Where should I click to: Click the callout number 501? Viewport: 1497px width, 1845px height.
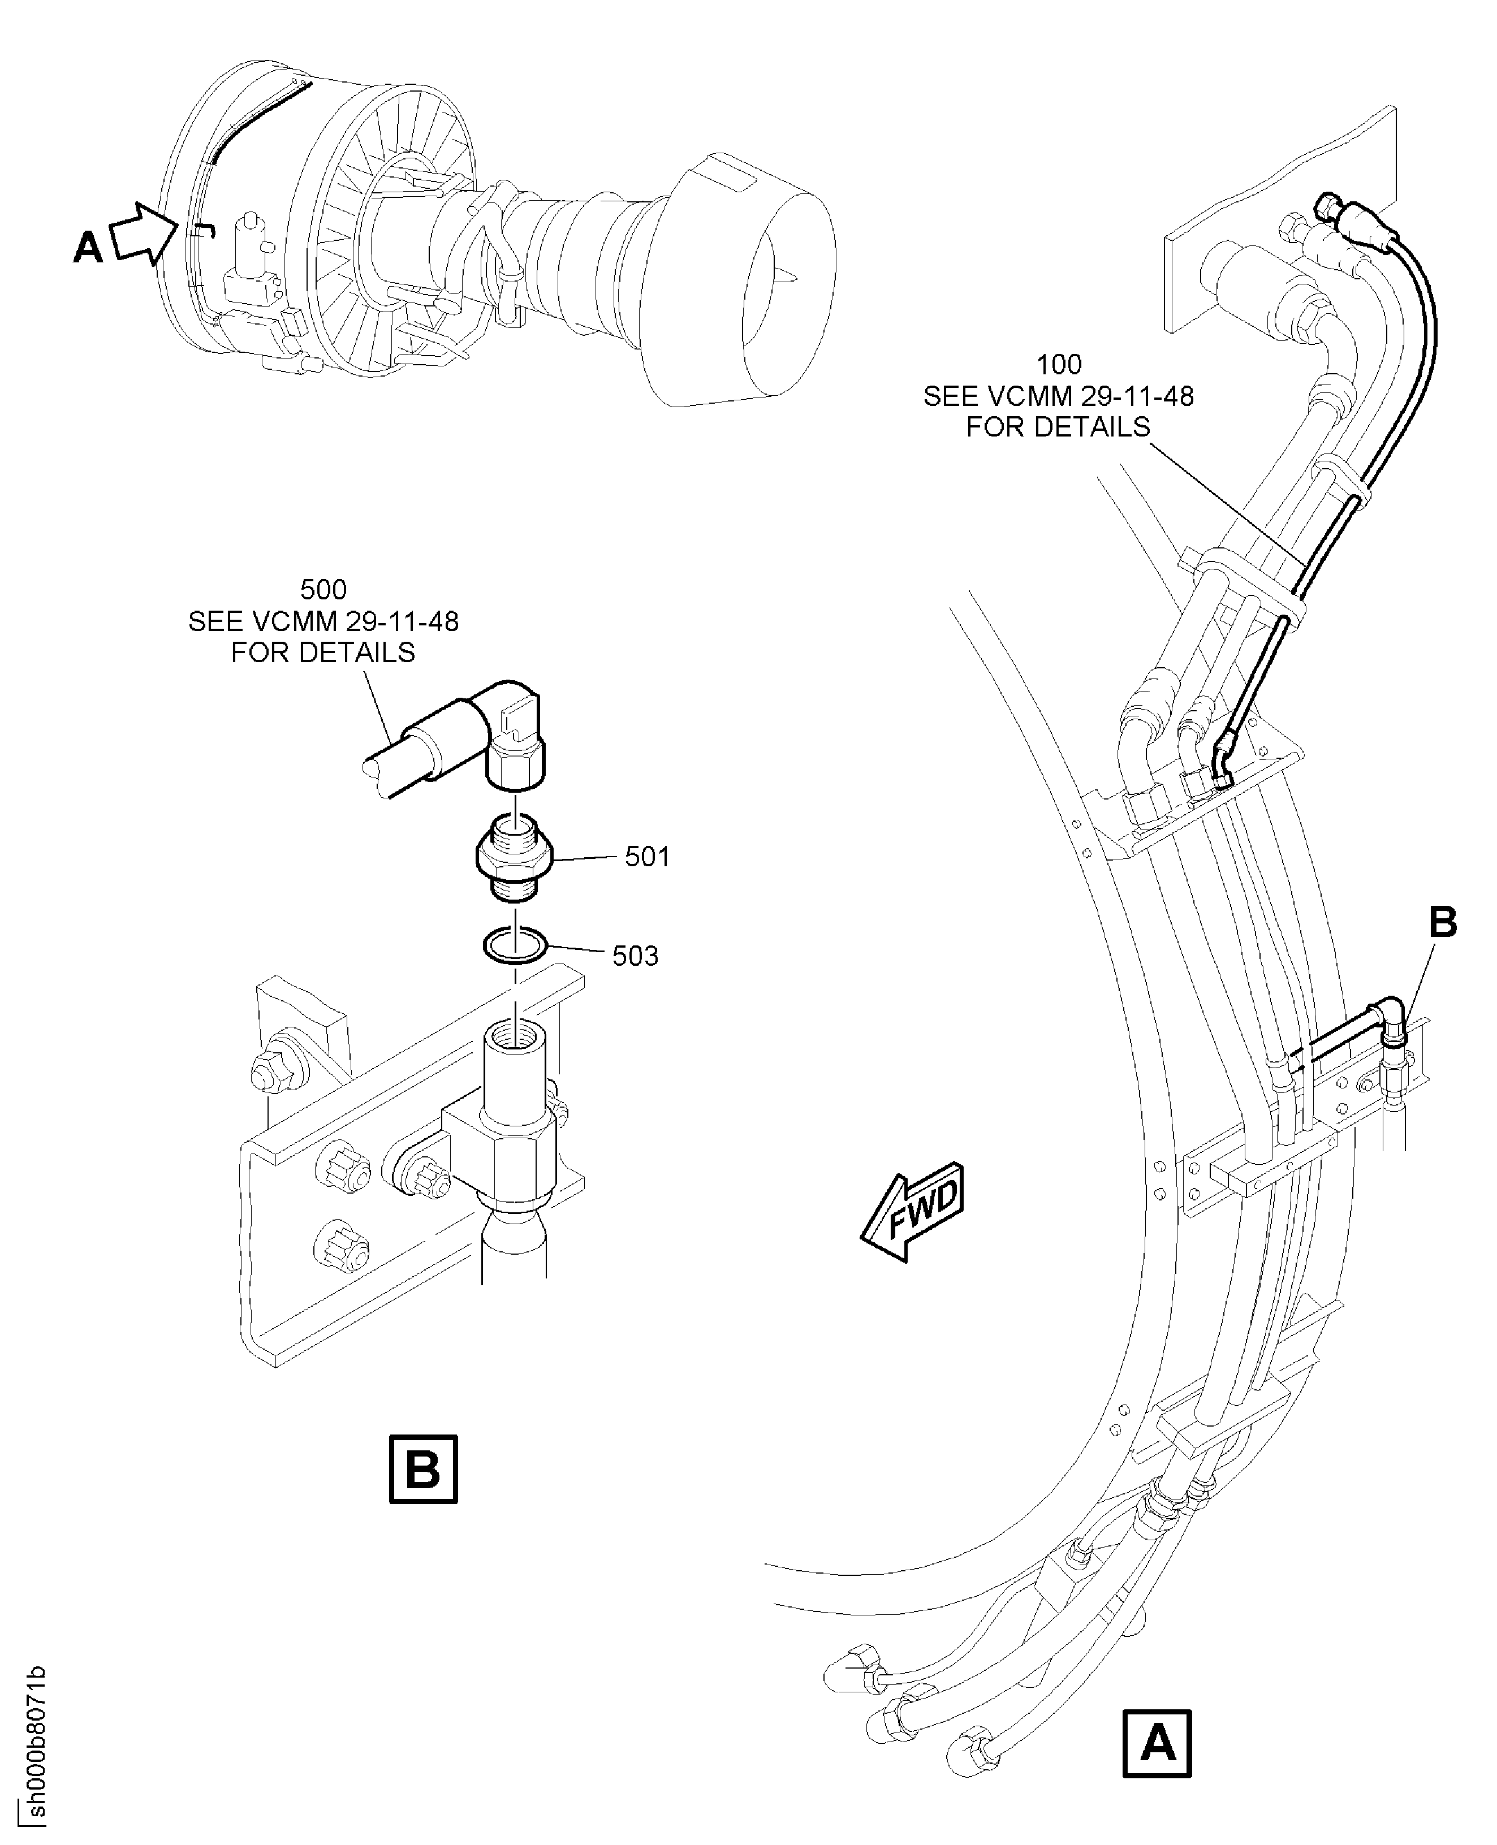click(x=647, y=857)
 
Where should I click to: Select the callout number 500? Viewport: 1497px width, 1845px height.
click(x=323, y=590)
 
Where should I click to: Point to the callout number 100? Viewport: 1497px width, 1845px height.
click(x=1059, y=365)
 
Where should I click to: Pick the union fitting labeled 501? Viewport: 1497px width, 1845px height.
click(x=515, y=857)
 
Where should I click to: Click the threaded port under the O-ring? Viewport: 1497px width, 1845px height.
click(x=515, y=1035)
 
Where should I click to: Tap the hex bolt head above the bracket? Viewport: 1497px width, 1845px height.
click(x=269, y=1073)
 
